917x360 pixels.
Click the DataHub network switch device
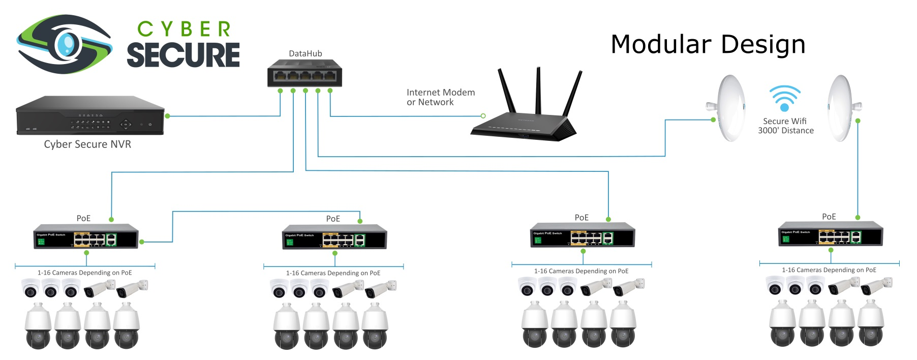pos(304,74)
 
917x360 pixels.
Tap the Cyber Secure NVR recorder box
pos(90,115)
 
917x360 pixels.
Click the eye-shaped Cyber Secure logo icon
pos(65,44)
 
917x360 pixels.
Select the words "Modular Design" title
pos(708,44)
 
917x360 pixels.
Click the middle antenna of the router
pos(538,92)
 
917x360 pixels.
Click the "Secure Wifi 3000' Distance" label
pos(785,126)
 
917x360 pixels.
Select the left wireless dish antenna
pos(729,108)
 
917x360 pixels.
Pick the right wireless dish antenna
pos(841,108)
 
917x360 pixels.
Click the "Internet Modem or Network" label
pos(440,97)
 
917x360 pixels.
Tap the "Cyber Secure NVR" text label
pos(87,144)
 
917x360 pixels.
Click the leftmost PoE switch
pos(86,236)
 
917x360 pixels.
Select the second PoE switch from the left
pos(334,237)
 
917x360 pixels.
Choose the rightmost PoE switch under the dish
pos(830,234)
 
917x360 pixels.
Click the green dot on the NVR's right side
pos(167,116)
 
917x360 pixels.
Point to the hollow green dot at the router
pos(483,116)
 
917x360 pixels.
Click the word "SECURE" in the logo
pos(183,54)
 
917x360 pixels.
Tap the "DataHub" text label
pos(305,53)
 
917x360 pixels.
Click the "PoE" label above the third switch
pos(581,218)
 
